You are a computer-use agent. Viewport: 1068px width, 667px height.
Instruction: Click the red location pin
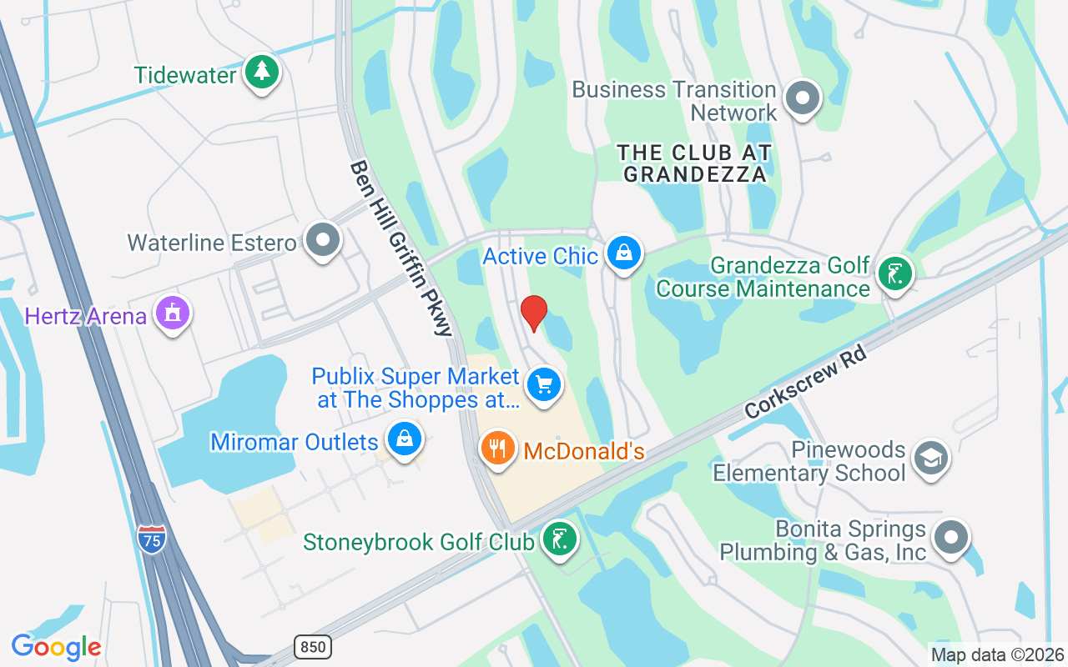point(534,313)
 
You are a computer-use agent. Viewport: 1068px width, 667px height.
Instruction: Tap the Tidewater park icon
point(262,73)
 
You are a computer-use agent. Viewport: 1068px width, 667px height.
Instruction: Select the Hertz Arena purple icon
point(173,314)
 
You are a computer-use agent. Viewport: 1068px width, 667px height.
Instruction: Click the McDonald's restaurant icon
point(498,449)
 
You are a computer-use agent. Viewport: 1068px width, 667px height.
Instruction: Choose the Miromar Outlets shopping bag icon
point(405,439)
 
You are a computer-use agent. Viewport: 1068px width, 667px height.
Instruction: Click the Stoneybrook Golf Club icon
point(558,539)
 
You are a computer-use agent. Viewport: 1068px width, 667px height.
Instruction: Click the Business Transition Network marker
point(803,98)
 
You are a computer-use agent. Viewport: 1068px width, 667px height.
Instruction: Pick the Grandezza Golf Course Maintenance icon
point(895,273)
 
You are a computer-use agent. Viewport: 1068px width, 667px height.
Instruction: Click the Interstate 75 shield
point(152,537)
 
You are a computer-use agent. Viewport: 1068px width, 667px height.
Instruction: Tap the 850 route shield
point(313,646)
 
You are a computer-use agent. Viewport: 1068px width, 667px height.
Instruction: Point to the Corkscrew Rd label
point(807,382)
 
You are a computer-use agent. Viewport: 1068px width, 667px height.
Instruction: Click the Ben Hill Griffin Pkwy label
point(401,248)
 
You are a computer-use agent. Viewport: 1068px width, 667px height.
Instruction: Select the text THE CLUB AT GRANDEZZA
point(694,163)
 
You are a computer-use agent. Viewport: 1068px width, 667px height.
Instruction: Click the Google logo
point(56,647)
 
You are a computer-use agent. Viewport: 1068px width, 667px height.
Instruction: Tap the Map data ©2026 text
point(998,655)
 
